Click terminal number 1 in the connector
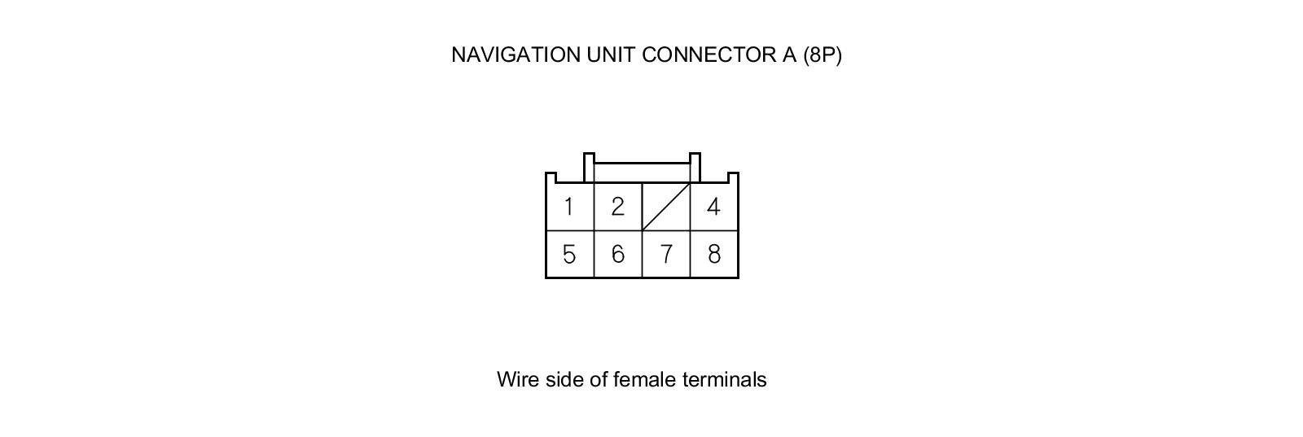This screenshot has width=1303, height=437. pyautogui.click(x=568, y=207)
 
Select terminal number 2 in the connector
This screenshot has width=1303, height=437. pyautogui.click(x=617, y=207)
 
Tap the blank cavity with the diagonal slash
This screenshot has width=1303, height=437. pyautogui.click(x=666, y=207)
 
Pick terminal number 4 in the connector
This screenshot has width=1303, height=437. pyautogui.click(x=713, y=207)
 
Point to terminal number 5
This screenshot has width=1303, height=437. pyautogui.click(x=568, y=255)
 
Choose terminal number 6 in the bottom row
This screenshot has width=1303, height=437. pyautogui.click(x=617, y=255)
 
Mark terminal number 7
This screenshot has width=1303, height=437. pyautogui.click(x=666, y=255)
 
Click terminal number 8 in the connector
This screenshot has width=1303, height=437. pyautogui.click(x=713, y=255)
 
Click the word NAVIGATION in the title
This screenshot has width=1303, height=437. pyautogui.click(x=515, y=55)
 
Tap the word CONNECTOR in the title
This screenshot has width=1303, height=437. pyautogui.click(x=696, y=55)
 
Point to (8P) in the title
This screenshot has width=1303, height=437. pyautogui.click(x=822, y=55)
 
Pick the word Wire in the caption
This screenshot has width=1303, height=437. pyautogui.click(x=518, y=379)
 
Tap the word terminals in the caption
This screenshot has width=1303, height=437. pyautogui.click(x=724, y=379)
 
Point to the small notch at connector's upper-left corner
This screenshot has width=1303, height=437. pyautogui.click(x=551, y=177)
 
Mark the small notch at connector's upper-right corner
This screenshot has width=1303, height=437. pyautogui.click(x=733, y=177)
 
